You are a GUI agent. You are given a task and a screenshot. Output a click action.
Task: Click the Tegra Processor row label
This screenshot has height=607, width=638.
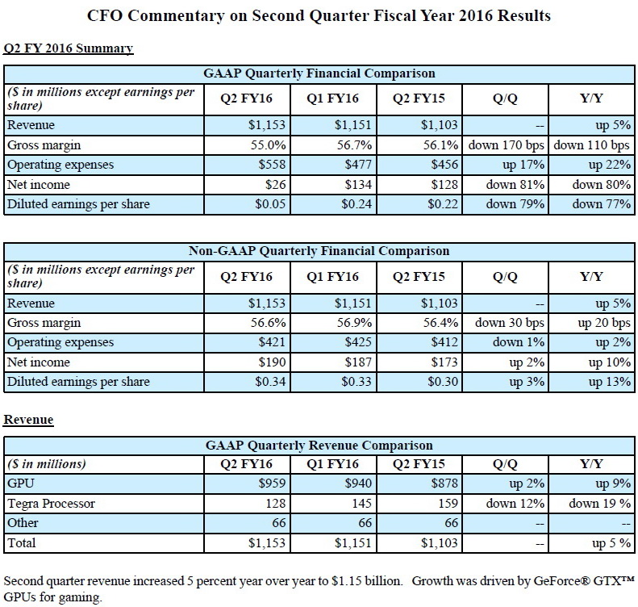(x=51, y=504)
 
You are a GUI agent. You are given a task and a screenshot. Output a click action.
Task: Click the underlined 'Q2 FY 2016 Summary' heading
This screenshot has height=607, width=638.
(x=69, y=48)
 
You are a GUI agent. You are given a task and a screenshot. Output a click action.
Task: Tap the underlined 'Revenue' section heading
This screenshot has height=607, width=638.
(x=28, y=420)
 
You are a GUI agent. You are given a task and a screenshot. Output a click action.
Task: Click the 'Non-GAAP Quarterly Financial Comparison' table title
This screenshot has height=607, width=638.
(x=319, y=251)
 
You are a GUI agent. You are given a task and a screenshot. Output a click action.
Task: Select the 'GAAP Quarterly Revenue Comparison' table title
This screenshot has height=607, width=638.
(x=319, y=445)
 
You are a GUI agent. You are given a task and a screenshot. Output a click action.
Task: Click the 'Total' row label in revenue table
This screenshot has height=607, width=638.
(x=22, y=543)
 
